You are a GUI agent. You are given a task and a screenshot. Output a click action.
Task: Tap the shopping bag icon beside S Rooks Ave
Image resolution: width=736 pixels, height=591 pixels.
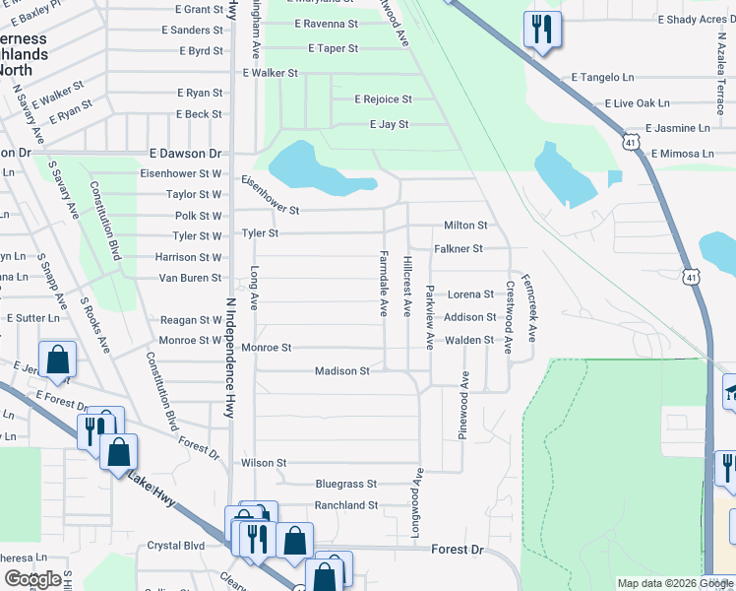click(57, 361)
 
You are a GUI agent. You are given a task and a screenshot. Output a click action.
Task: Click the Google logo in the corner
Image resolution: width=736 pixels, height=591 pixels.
click(32, 579)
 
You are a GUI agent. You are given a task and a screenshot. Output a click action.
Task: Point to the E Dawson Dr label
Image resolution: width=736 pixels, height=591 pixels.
click(185, 154)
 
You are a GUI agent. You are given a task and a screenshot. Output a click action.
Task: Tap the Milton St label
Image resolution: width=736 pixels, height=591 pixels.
click(465, 226)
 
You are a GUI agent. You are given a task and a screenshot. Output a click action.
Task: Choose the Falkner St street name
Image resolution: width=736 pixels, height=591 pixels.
click(459, 249)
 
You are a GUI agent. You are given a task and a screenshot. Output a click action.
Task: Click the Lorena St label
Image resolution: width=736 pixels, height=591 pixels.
click(470, 295)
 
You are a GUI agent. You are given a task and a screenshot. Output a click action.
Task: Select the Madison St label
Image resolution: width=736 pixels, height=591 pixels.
click(341, 371)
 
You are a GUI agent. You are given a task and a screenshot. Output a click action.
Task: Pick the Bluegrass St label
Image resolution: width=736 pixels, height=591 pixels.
click(345, 484)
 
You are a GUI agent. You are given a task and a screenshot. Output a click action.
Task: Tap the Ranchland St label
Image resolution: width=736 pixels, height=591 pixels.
click(345, 505)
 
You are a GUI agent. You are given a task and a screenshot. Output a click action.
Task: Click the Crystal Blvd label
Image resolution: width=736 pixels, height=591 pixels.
click(174, 546)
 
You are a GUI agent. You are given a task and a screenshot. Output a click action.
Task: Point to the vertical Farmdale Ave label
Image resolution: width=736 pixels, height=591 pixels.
click(384, 283)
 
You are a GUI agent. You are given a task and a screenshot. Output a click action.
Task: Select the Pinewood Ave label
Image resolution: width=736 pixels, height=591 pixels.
click(463, 405)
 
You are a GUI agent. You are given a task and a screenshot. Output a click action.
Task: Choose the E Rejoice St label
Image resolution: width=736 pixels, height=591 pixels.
click(383, 99)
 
